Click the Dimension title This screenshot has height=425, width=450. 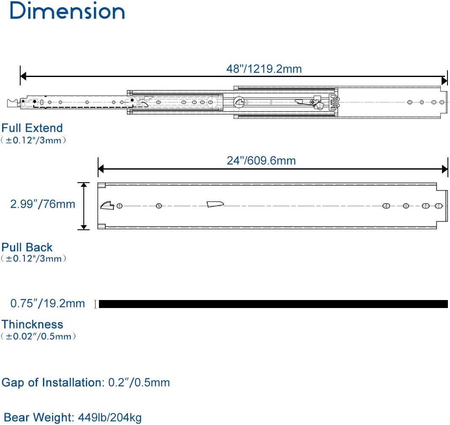point(67,11)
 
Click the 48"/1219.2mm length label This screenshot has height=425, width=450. point(264,69)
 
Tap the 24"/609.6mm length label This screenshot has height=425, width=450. point(261,161)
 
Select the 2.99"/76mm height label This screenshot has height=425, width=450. point(43,204)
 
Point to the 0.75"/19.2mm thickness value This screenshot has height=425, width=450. point(48,303)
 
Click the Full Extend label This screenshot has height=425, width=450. point(32,128)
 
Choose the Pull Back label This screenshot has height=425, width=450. point(27,247)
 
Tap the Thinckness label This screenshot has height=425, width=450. point(32,324)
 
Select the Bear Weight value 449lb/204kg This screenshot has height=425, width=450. point(110,417)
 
